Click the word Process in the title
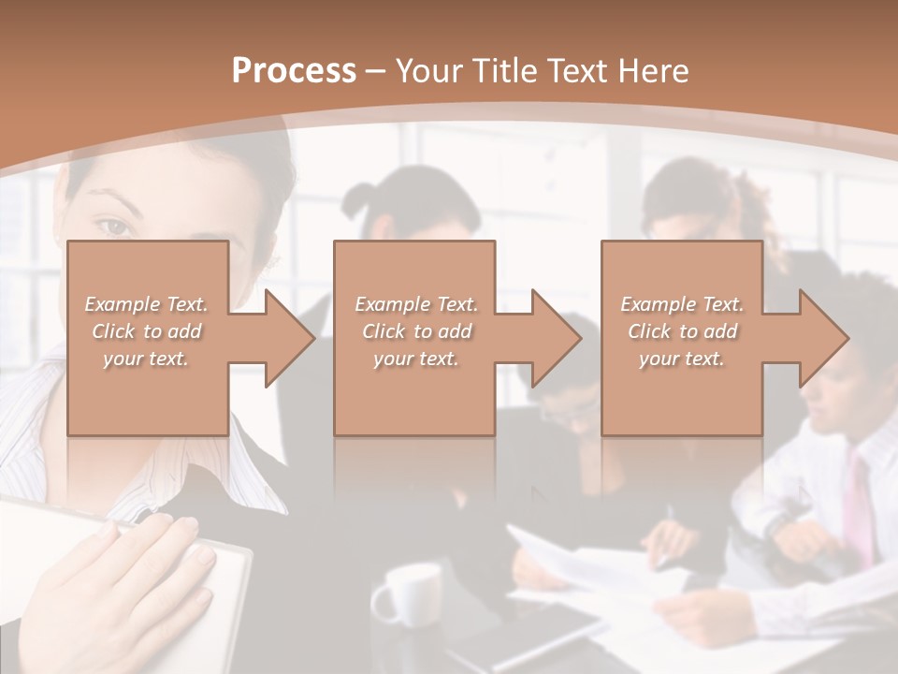294,71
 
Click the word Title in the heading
502,71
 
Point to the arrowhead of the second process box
555,338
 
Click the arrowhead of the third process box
822,338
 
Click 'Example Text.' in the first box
147,303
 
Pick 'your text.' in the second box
416,359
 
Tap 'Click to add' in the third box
682,331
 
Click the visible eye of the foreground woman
113,227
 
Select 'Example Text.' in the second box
416,303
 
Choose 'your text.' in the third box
682,359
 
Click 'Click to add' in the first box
147,331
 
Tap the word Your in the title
434,71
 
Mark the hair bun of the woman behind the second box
360,198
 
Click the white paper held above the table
599,566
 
